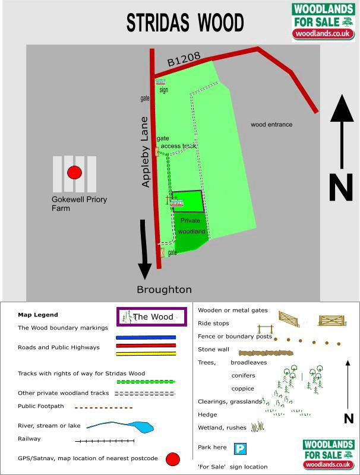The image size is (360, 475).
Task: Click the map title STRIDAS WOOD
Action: pyautogui.click(x=185, y=23)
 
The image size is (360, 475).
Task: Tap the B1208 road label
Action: pyautogui.click(x=183, y=59)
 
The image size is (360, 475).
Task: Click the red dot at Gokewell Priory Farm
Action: pyautogui.click(x=74, y=173)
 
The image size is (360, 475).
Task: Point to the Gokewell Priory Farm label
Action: pyautogui.click(x=79, y=204)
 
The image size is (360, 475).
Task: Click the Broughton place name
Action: pyautogui.click(x=164, y=290)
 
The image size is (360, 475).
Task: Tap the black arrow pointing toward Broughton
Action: pyautogui.click(x=144, y=249)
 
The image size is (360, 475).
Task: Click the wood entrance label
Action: pyautogui.click(x=271, y=125)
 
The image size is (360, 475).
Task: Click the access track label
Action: pyautogui.click(x=178, y=145)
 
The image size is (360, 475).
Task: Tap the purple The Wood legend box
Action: pyautogui.click(x=152, y=317)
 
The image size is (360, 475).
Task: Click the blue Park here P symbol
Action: pyautogui.click(x=240, y=449)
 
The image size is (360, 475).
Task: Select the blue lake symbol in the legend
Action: pyautogui.click(x=143, y=427)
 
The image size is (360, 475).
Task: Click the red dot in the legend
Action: pyautogui.click(x=172, y=459)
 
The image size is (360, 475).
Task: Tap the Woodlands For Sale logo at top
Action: pyautogui.click(x=323, y=21)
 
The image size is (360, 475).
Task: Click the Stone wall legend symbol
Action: pyautogui.click(x=267, y=353)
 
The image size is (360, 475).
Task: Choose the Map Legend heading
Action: pyautogui.click(x=38, y=315)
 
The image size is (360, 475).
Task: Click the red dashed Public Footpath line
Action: pyautogui.click(x=103, y=408)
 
